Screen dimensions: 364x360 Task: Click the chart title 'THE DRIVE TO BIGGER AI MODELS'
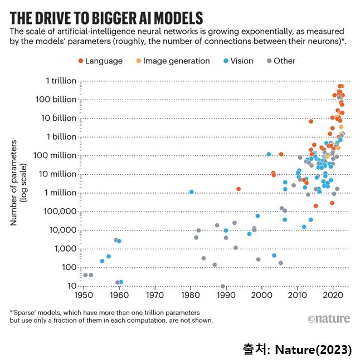(x=106, y=16)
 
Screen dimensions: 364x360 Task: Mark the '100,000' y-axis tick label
(x=58, y=211)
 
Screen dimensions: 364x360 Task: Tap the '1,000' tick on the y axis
(x=63, y=248)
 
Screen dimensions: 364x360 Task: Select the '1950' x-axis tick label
(x=84, y=295)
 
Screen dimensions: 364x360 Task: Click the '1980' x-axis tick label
(x=191, y=295)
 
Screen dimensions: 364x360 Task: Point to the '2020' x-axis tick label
(x=333, y=295)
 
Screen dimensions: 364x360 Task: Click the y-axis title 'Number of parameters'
(x=15, y=183)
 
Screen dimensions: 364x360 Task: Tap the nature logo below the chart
(x=328, y=319)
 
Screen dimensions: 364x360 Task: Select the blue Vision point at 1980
(x=191, y=192)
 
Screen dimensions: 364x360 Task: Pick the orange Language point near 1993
(x=239, y=189)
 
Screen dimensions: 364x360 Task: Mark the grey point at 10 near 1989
(x=223, y=286)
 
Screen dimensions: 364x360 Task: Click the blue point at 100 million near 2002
(x=269, y=154)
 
